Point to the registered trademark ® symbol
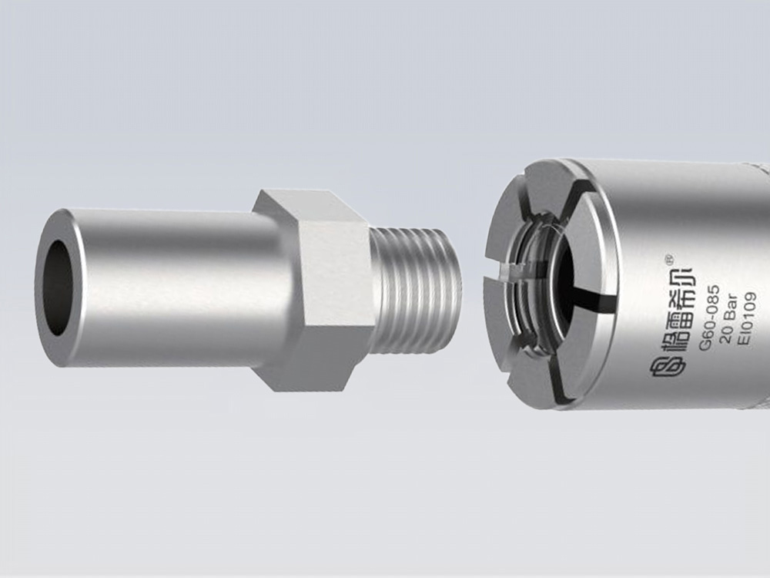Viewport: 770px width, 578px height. [x=668, y=257]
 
